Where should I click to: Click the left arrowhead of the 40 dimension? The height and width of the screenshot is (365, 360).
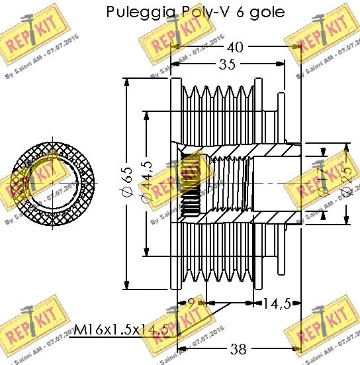[x=175, y=48]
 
